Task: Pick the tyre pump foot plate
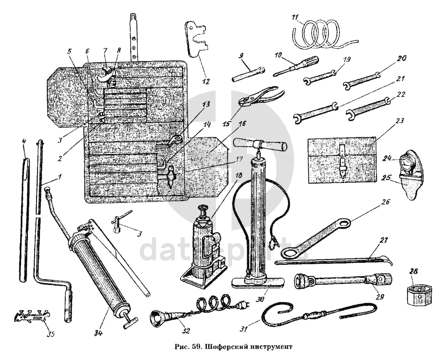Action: pyautogui.click(x=258, y=282)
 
